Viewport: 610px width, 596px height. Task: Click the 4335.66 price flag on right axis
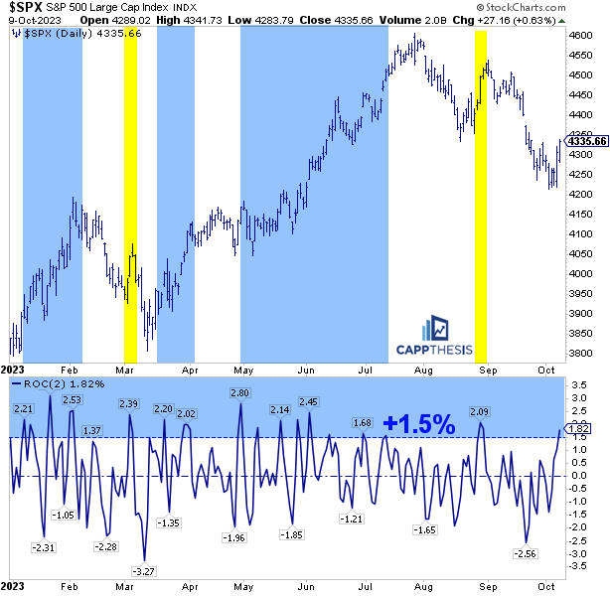coord(586,140)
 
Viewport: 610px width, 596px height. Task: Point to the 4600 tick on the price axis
coord(582,35)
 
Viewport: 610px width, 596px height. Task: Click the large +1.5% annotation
coord(418,424)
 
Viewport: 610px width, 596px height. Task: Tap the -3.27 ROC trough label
coord(144,571)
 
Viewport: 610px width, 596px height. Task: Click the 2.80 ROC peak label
coord(239,393)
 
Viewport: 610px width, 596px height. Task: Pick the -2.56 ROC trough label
coord(523,553)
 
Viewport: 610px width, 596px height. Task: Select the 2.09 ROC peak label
coord(479,411)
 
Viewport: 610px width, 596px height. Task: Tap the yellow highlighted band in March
coord(129,199)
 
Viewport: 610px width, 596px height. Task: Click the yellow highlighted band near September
coord(481,199)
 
